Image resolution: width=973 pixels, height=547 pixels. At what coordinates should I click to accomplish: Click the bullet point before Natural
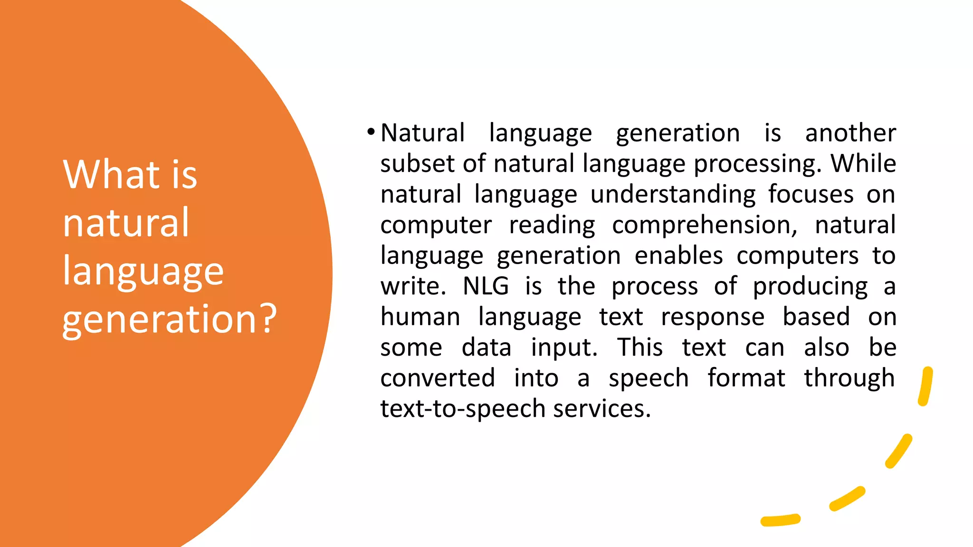pyautogui.click(x=371, y=132)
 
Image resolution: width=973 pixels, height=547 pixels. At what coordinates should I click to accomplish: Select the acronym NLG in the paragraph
pyautogui.click(x=486, y=286)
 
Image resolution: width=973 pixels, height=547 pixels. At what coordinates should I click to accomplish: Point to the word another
pyautogui.click(x=850, y=133)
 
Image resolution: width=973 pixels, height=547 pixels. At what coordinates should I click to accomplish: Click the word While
pyautogui.click(x=863, y=164)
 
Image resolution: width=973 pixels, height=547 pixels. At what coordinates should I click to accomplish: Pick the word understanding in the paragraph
pyautogui.click(x=673, y=195)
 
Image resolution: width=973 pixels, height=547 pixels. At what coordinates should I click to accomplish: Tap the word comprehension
pyautogui.click(x=704, y=226)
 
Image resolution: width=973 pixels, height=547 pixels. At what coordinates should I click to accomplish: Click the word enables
pyautogui.click(x=678, y=256)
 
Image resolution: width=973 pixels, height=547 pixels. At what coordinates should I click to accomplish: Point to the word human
pyautogui.click(x=420, y=317)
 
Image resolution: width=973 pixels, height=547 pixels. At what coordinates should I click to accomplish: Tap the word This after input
pyautogui.click(x=639, y=348)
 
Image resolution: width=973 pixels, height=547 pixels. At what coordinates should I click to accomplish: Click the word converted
pyautogui.click(x=438, y=378)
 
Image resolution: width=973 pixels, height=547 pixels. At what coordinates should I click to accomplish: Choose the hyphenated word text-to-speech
pyautogui.click(x=463, y=409)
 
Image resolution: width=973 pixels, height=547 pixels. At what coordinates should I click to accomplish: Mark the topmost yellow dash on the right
pyautogui.click(x=925, y=386)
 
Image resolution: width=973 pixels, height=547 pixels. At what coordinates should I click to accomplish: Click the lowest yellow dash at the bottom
pyautogui.click(x=780, y=520)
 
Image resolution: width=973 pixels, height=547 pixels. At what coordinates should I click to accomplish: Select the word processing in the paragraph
pyautogui.click(x=757, y=164)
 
